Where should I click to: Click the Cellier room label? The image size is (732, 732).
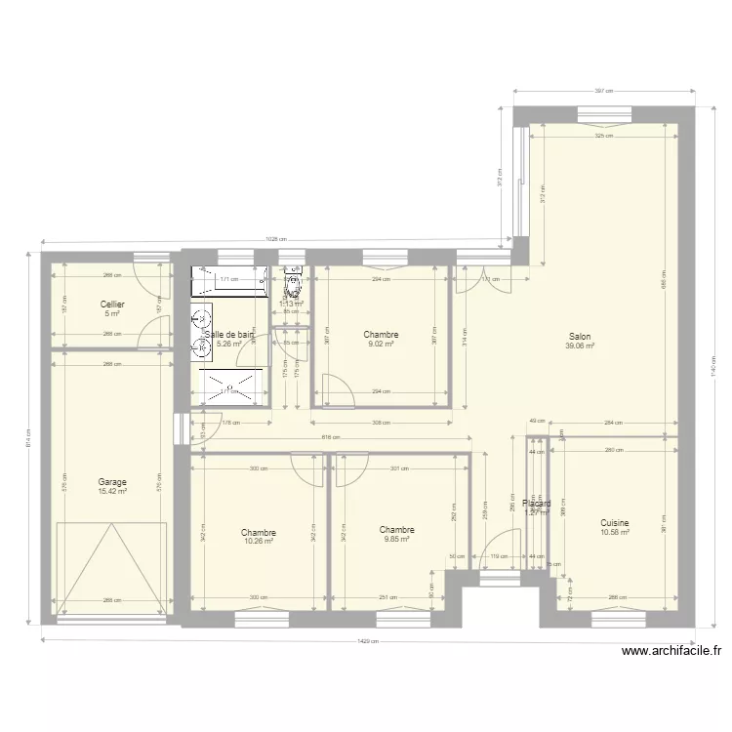(112, 305)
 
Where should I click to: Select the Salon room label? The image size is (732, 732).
(579, 336)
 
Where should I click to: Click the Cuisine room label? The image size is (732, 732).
(615, 522)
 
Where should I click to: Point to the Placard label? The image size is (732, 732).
(536, 504)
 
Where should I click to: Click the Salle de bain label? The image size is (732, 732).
(229, 334)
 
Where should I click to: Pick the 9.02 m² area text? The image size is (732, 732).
(381, 344)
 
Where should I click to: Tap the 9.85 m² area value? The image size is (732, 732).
(396, 539)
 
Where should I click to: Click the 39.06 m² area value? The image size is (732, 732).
(580, 345)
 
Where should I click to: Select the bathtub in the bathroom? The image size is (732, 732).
(229, 282)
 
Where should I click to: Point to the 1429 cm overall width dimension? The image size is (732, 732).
(370, 642)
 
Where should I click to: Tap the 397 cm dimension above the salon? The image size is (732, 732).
(604, 92)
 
